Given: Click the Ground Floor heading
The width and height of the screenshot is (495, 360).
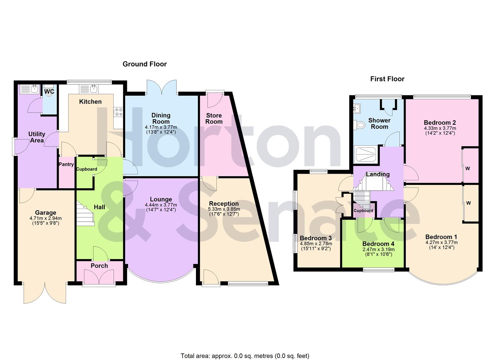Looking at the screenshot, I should click(x=144, y=64).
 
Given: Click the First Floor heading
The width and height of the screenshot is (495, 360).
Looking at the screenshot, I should click(x=387, y=79).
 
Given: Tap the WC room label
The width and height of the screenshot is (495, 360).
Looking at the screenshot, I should click(x=49, y=91).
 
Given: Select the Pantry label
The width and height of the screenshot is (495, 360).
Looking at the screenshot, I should click(x=66, y=164).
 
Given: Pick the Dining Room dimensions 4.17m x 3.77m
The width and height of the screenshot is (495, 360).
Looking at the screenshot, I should click(x=161, y=127).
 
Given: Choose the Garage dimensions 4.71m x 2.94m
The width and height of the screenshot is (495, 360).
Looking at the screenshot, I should click(x=46, y=219).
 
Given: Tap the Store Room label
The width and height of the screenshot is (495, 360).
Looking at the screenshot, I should click(x=214, y=119).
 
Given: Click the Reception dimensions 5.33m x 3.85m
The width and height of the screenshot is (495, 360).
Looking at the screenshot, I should click(x=224, y=209).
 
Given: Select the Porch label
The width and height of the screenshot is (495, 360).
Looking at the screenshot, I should click(x=99, y=266).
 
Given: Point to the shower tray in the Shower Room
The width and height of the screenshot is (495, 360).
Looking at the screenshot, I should click(x=366, y=155).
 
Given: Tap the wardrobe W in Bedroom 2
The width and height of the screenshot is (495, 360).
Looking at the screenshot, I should click(x=468, y=168).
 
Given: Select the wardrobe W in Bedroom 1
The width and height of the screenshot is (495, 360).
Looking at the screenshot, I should click(x=468, y=203).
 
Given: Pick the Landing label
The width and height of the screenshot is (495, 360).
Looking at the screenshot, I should click(x=378, y=174).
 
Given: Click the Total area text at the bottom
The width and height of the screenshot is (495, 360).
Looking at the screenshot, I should click(x=245, y=356).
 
